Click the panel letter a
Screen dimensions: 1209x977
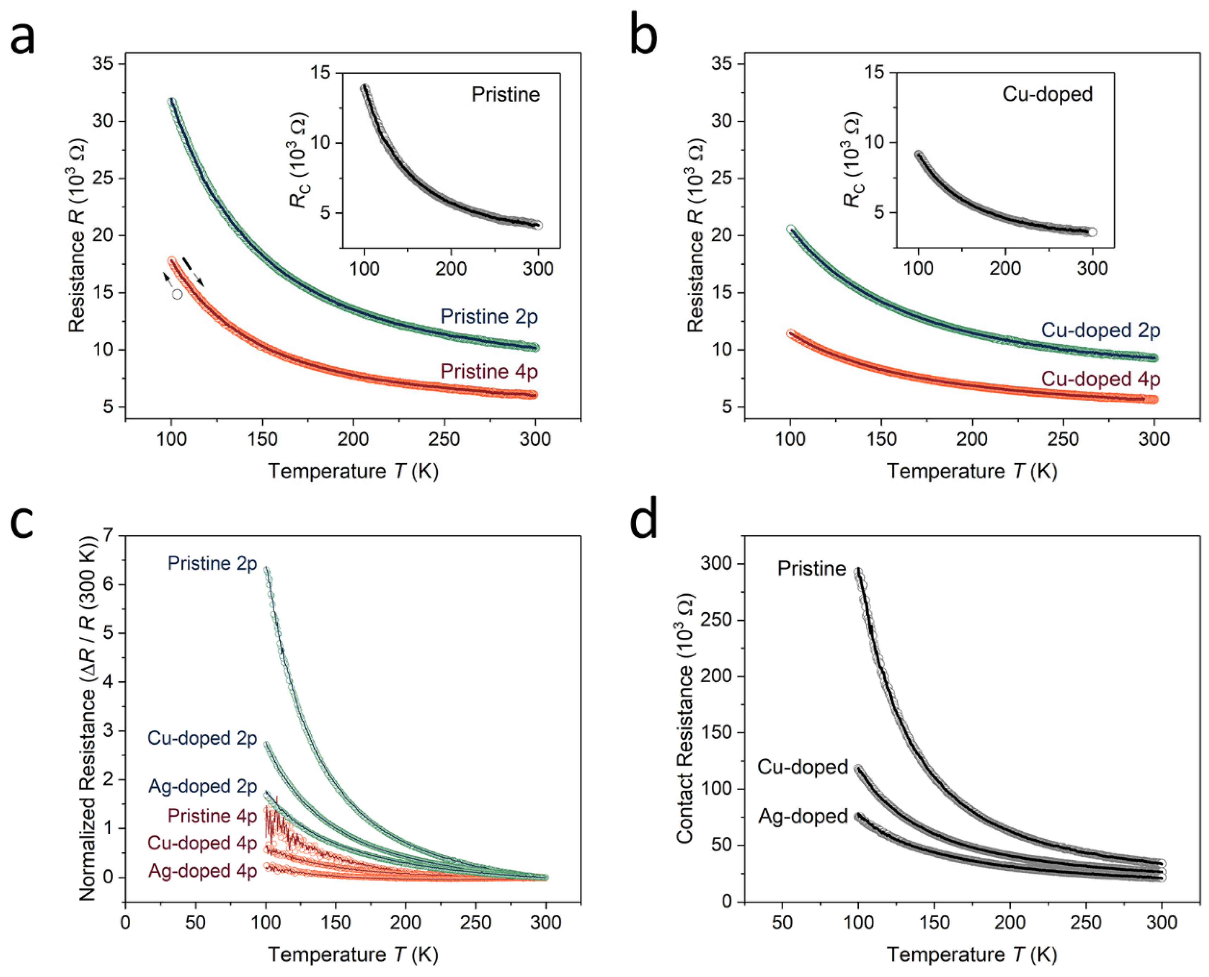click(x=23, y=39)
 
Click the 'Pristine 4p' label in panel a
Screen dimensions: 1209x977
click(x=488, y=371)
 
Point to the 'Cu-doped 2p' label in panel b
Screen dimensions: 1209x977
click(x=1101, y=330)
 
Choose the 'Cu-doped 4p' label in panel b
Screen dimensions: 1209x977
click(x=1101, y=379)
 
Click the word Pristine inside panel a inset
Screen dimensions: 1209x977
click(x=505, y=95)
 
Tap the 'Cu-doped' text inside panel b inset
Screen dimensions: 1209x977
click(x=1047, y=94)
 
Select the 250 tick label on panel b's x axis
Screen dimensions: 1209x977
click(x=1062, y=439)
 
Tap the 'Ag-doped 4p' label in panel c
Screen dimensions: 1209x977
click(x=202, y=871)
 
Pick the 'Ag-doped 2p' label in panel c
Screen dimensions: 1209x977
click(x=202, y=786)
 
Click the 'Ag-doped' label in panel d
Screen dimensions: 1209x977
click(x=803, y=816)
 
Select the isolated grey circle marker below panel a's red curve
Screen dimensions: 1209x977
click(x=177, y=294)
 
